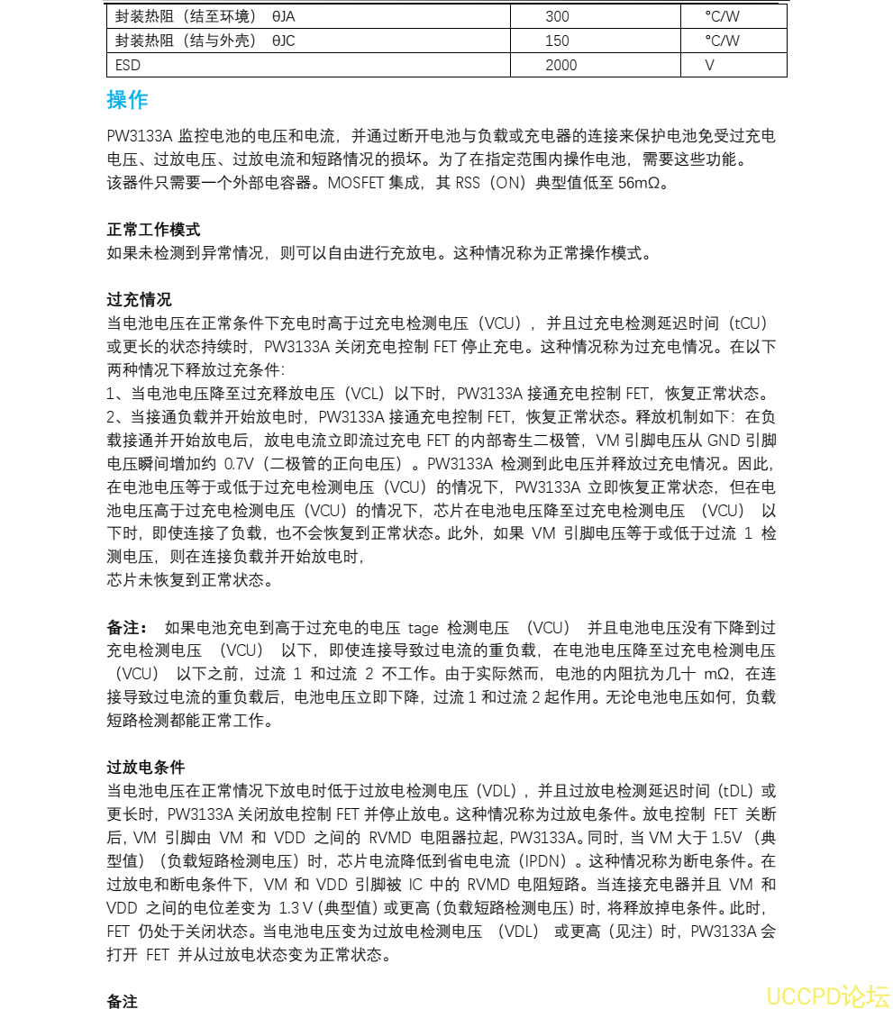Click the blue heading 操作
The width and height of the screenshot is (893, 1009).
(x=127, y=100)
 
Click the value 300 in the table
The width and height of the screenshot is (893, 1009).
(x=557, y=16)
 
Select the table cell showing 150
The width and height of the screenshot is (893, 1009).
(x=557, y=41)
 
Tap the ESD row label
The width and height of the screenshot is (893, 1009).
(x=128, y=65)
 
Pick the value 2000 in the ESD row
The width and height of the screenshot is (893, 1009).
(x=561, y=65)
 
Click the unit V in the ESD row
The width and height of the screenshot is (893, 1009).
(x=709, y=65)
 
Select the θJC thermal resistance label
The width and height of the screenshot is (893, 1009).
(x=283, y=41)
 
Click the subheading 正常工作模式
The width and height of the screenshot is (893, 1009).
(x=153, y=230)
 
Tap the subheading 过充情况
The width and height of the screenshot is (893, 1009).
(x=139, y=299)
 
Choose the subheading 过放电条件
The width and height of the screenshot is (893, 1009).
(x=146, y=767)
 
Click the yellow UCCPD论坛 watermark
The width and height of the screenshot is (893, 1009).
(x=827, y=995)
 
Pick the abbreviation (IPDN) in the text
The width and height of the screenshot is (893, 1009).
(x=551, y=860)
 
